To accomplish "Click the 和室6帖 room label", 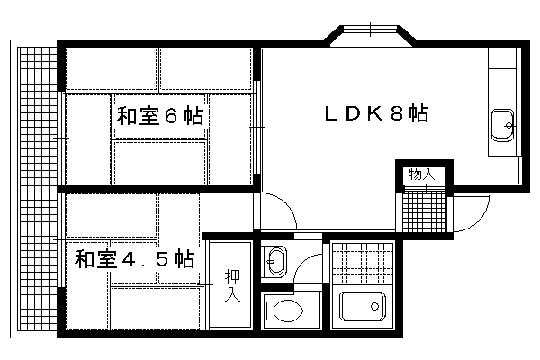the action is point(160,116).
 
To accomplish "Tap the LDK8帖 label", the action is point(377,113).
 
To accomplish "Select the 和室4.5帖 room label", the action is point(135,258).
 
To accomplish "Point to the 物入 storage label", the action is point(422,175).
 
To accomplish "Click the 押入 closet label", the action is point(232,285).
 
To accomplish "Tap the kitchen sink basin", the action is point(503,126).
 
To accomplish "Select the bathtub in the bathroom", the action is point(363,306).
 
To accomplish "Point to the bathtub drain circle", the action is point(374,306).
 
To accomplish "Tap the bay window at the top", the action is point(370,35).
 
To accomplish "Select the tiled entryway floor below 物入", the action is point(424,210).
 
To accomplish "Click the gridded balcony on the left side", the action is point(37,189).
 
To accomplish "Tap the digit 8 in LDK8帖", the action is point(397,113).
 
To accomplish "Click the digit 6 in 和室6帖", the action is point(171,116).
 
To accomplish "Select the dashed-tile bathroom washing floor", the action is point(364,263).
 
